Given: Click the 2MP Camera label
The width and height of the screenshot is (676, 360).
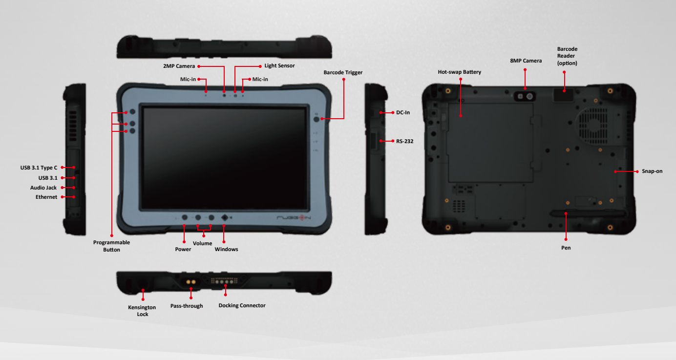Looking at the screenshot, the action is click(x=179, y=66).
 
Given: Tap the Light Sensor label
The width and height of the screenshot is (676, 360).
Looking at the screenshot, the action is click(x=279, y=66).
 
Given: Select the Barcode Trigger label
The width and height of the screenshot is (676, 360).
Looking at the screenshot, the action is click(x=343, y=72).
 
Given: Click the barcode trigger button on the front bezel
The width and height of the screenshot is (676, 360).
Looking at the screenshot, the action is click(x=317, y=119).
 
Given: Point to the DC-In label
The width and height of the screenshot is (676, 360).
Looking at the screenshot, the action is click(x=403, y=112).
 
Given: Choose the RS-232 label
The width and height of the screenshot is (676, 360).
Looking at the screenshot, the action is click(x=405, y=141).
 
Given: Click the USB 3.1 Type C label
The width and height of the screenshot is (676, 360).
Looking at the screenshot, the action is click(x=39, y=168).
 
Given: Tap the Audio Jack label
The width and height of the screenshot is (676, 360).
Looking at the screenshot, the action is click(x=43, y=188).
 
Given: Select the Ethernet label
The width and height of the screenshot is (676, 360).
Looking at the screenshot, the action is click(x=46, y=197).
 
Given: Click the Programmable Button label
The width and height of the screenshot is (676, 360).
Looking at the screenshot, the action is click(x=111, y=246).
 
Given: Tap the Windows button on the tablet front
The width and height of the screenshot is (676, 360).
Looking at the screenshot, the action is click(x=224, y=217).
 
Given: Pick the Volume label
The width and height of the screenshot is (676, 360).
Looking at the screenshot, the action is click(x=203, y=244).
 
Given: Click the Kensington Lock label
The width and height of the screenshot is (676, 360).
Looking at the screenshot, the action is click(x=142, y=311).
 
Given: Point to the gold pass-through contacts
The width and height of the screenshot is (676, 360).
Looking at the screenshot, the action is click(x=191, y=282).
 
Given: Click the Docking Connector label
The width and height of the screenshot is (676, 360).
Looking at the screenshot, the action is click(x=242, y=305).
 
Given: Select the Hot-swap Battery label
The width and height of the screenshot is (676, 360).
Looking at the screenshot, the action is click(x=459, y=72).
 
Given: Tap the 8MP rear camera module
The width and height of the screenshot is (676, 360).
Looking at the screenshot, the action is click(x=525, y=96).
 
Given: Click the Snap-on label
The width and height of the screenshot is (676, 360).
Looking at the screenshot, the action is click(x=652, y=171).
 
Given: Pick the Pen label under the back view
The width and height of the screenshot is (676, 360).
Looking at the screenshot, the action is click(x=566, y=248).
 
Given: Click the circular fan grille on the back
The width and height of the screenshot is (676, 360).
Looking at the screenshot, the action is click(x=593, y=125).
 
